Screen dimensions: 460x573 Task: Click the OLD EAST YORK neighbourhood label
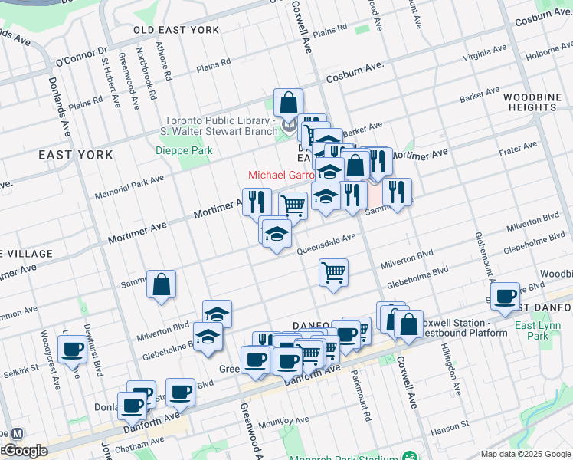pos(176,31)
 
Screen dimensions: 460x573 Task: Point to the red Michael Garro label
pos(280,176)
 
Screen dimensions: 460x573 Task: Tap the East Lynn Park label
pos(538,330)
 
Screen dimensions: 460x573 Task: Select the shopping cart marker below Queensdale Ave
pos(333,272)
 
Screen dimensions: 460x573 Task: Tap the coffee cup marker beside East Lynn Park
pos(504,297)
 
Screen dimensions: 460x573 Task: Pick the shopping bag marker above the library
pos(289,103)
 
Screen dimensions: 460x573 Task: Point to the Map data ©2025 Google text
pos(525,454)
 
